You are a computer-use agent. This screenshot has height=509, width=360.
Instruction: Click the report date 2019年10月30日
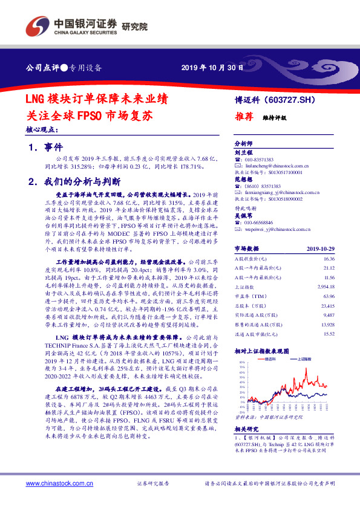[x=212, y=67]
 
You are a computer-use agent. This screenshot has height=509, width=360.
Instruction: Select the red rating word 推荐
[x=243, y=118]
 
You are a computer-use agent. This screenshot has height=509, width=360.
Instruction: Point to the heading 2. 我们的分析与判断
[x=74, y=181]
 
